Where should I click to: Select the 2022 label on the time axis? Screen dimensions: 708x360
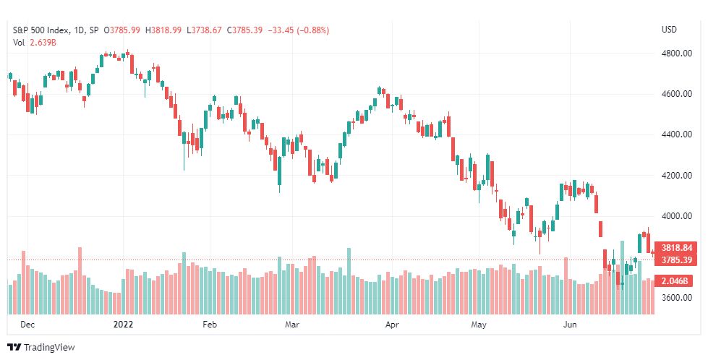pyautogui.click(x=123, y=325)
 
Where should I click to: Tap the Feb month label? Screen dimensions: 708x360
pyautogui.click(x=210, y=325)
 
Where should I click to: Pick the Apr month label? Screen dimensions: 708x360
pyautogui.click(x=392, y=325)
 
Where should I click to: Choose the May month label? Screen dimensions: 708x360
pyautogui.click(x=479, y=325)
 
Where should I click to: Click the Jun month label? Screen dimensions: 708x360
pyautogui.click(x=570, y=325)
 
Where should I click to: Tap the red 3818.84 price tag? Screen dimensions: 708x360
pyautogui.click(x=676, y=247)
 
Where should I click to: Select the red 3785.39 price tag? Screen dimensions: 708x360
pyautogui.click(x=676, y=260)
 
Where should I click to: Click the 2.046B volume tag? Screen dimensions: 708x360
pyautogui.click(x=676, y=280)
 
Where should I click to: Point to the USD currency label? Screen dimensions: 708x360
pyautogui.click(x=669, y=30)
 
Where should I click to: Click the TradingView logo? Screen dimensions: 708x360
pyautogui.click(x=41, y=347)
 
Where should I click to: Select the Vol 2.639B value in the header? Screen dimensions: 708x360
pyautogui.click(x=34, y=43)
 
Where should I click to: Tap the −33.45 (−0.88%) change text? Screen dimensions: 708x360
pyautogui.click(x=298, y=30)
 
